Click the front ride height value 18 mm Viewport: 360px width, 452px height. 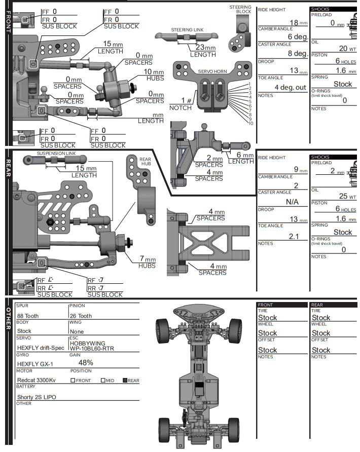pos(297,23)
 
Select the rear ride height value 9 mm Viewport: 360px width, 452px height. pos(300,170)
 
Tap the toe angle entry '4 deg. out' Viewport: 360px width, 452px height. pos(290,87)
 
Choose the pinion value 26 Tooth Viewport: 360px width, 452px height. pos(81,316)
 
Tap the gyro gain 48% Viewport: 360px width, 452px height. pos(86,362)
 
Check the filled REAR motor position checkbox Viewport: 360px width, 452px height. pos(124,380)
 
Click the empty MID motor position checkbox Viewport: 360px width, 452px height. pos(103,380)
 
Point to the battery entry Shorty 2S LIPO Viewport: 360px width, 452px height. pos(37,397)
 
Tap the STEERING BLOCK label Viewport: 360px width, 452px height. pos(240,9)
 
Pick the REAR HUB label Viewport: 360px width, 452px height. pos(145,162)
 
